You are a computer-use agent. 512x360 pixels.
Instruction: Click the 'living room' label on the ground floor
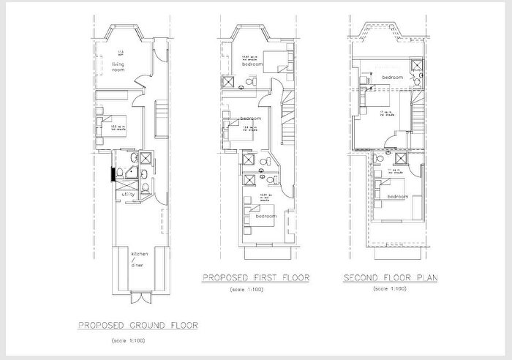click(x=118, y=67)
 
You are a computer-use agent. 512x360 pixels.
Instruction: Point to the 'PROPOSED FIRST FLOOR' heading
click(x=255, y=278)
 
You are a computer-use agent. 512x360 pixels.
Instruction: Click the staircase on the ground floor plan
click(x=163, y=117)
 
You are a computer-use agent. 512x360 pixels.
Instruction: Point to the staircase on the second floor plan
click(x=418, y=117)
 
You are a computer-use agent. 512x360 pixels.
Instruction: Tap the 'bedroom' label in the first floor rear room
click(x=265, y=217)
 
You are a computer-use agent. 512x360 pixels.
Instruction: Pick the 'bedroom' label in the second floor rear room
click(x=397, y=196)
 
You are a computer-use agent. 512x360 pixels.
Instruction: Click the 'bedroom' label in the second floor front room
click(x=391, y=77)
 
